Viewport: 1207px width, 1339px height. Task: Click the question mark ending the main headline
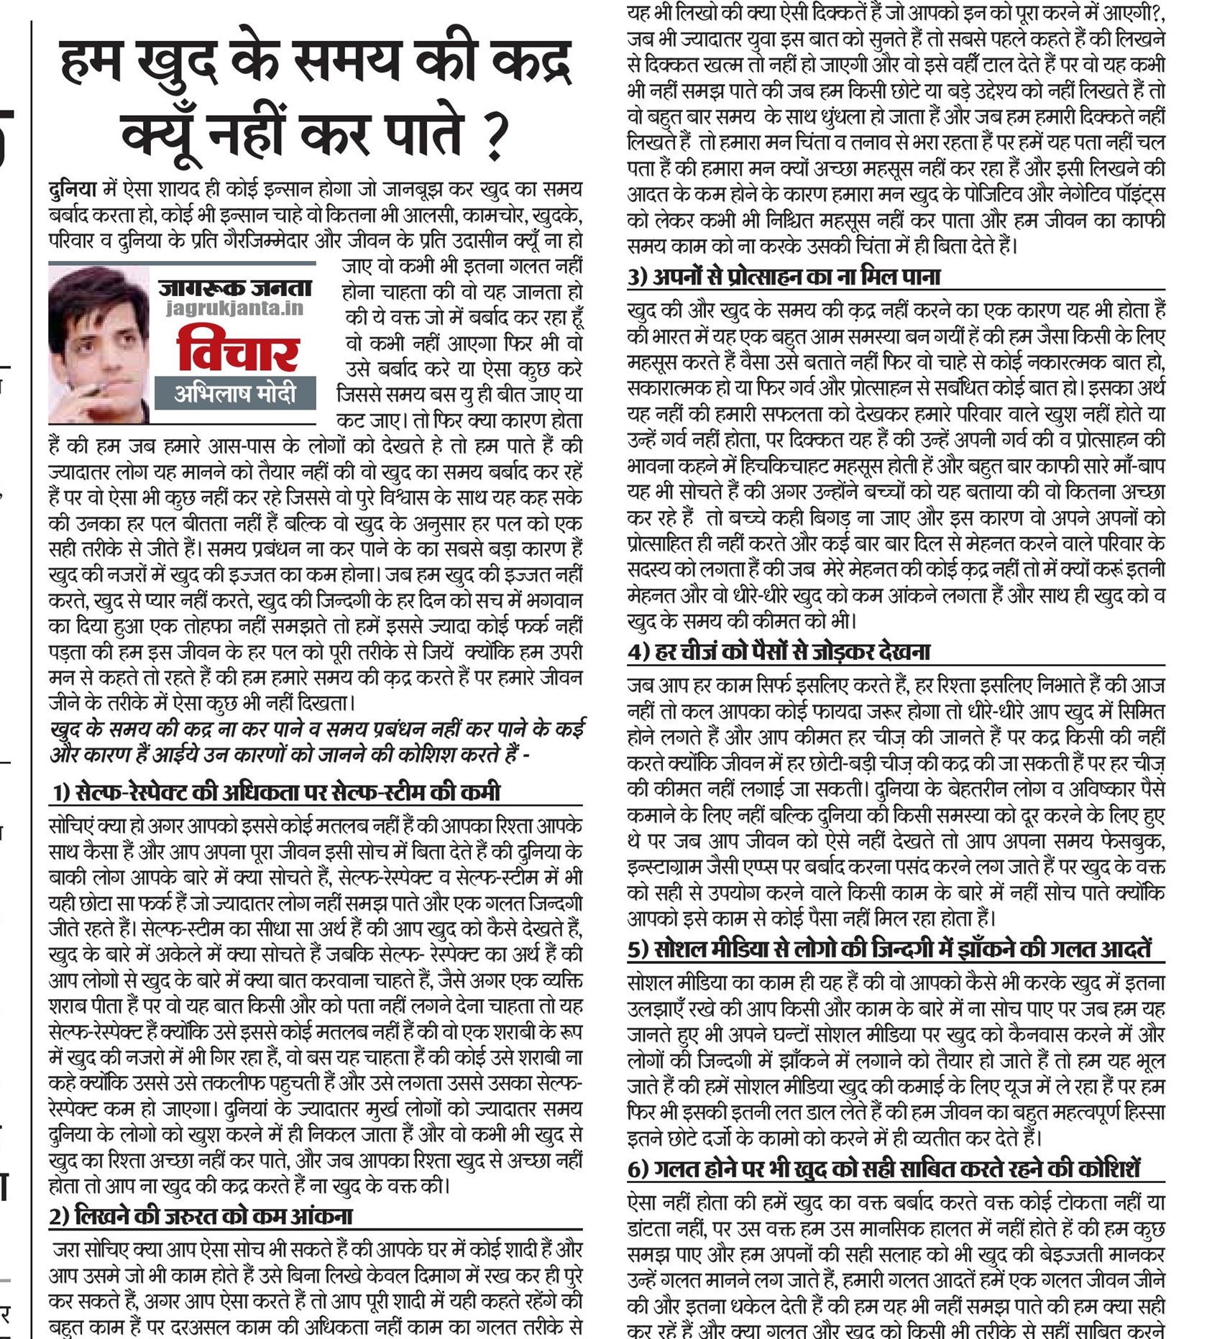pos(495,137)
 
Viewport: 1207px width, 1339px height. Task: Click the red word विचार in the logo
pos(237,349)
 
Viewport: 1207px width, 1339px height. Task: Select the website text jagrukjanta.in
pos(234,309)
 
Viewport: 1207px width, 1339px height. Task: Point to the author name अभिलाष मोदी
pos(235,394)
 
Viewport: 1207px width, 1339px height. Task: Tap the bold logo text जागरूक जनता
pos(235,288)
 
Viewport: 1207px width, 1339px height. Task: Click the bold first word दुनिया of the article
pos(72,190)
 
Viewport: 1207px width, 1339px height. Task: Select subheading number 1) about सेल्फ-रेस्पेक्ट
pos(276,792)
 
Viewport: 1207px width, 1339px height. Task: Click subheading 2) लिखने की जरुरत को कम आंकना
pos(201,1216)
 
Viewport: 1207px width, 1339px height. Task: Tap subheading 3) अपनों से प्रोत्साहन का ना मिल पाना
pos(784,277)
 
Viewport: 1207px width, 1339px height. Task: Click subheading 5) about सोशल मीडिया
pos(889,949)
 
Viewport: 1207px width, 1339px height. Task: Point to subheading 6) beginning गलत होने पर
pos(884,1169)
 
